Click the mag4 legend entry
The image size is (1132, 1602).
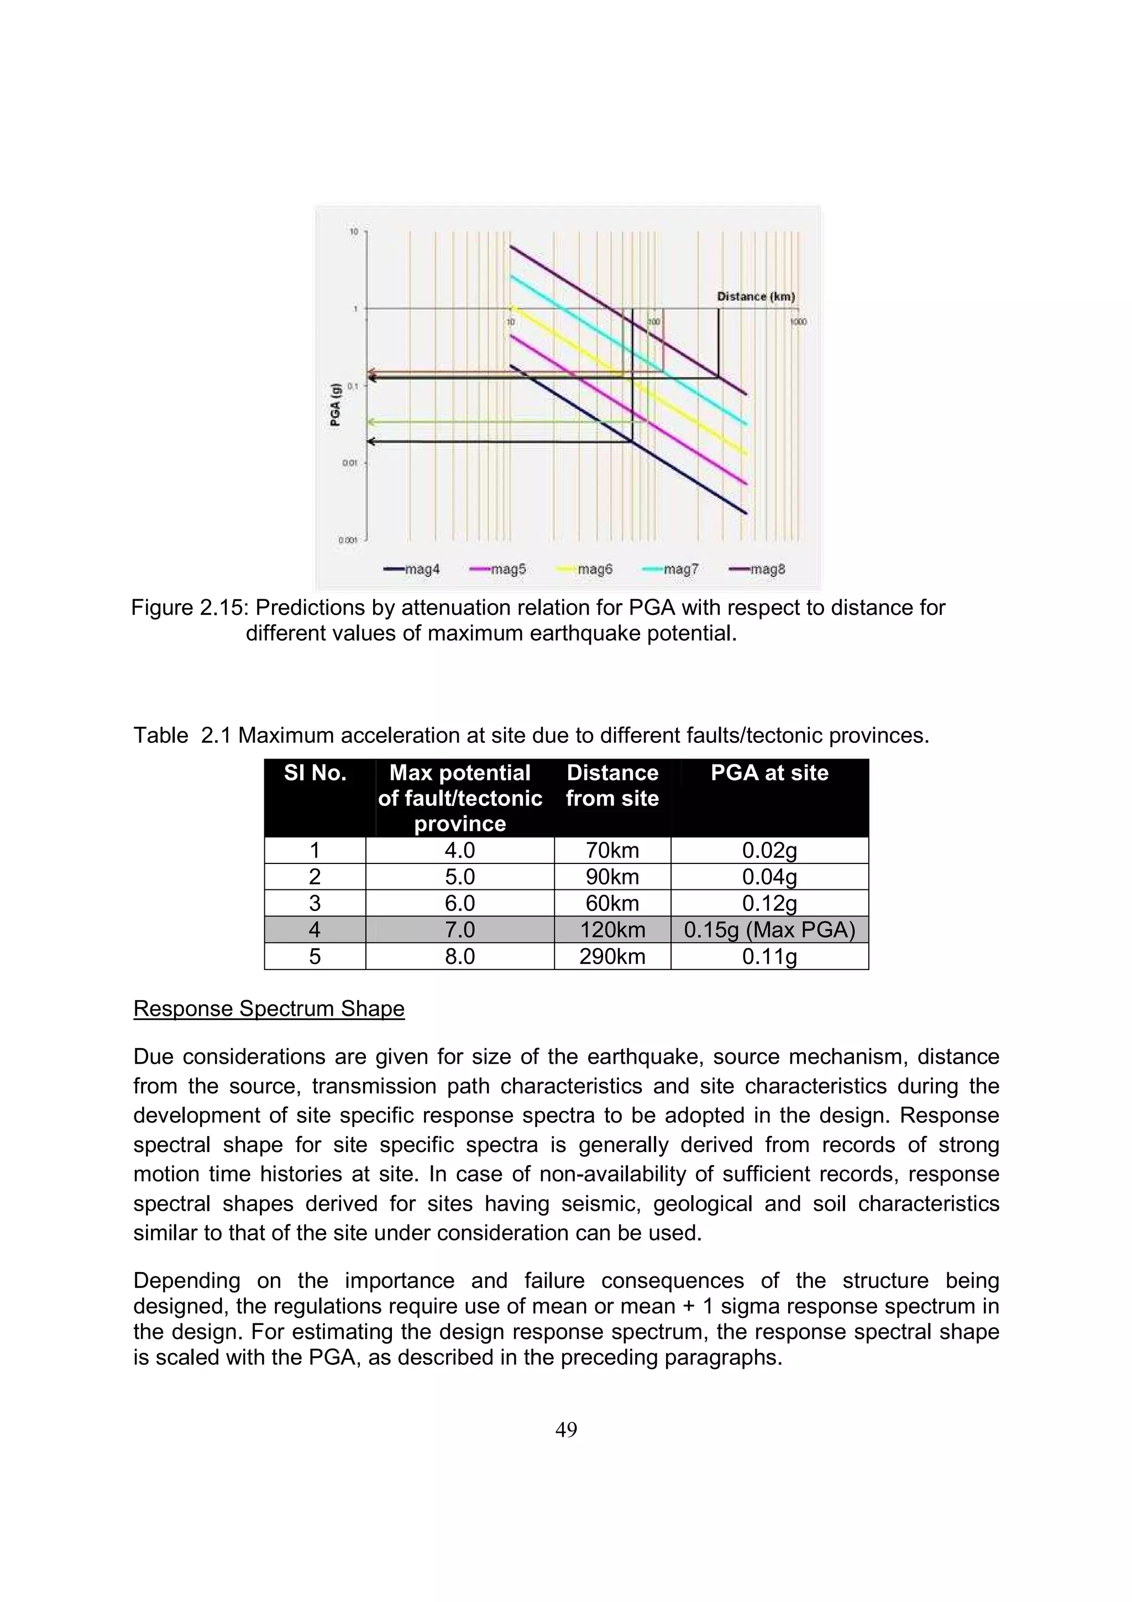click(413, 569)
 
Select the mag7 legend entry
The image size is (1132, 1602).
click(670, 569)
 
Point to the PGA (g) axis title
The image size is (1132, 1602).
click(336, 404)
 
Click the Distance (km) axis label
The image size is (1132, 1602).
click(756, 296)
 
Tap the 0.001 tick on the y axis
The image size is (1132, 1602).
click(348, 540)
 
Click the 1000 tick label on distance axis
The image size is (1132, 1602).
click(798, 322)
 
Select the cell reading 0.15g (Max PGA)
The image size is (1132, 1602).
click(769, 930)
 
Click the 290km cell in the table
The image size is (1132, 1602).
click(612, 956)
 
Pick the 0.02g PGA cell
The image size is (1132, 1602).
click(769, 851)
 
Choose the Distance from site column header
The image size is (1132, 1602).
click(612, 786)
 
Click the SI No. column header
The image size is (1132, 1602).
click(315, 773)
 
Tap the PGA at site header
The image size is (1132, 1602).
click(769, 773)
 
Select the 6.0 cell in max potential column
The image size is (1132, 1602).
click(460, 904)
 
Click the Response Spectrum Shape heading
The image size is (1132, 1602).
click(269, 1009)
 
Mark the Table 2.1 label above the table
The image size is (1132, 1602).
click(181, 735)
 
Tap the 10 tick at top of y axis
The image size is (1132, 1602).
click(354, 232)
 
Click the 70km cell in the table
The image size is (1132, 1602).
click(612, 851)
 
